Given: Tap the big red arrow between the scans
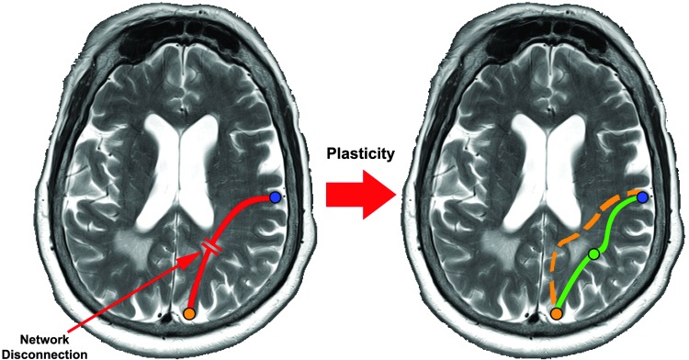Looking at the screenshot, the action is click(x=354, y=197).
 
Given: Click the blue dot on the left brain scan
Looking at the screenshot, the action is click(x=276, y=197).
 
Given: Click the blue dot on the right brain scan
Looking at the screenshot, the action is click(x=643, y=197).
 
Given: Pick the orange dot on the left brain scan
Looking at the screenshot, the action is click(x=188, y=314).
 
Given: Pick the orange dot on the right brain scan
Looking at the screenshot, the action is click(x=556, y=314).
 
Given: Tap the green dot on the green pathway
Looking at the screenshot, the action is click(x=593, y=253).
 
